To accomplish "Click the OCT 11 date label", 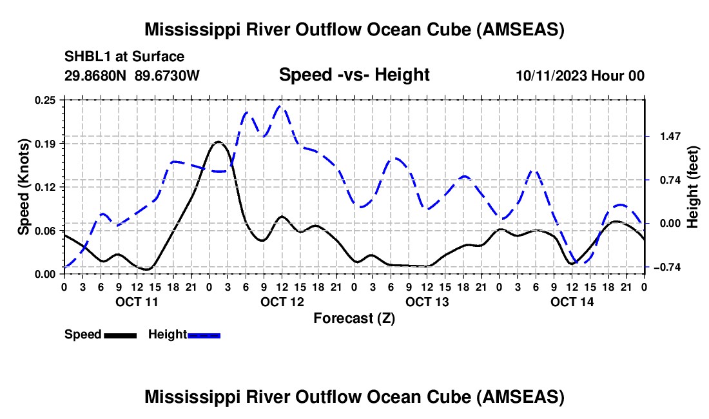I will (137, 302).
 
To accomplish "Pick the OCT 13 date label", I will (427, 302).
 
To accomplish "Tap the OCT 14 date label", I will (572, 302).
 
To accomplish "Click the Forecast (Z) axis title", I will (354, 318).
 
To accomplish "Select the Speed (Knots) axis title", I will (24, 186).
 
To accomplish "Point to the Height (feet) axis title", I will (693, 186).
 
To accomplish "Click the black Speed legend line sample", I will (120, 335).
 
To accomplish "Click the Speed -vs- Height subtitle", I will (354, 75).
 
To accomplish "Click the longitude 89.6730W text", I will (167, 76).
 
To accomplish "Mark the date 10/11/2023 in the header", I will (551, 76).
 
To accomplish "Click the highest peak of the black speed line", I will (218, 142).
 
